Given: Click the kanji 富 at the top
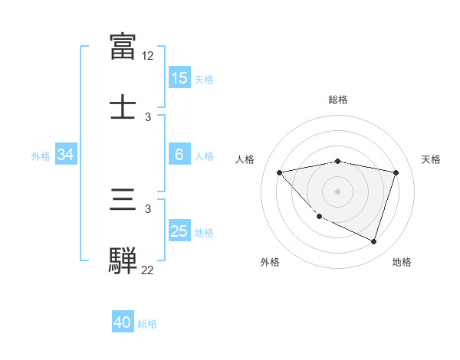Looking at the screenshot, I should point(123,47).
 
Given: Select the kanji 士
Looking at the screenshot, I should point(123,106).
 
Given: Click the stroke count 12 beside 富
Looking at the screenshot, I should point(148,56).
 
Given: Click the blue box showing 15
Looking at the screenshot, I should point(179,78).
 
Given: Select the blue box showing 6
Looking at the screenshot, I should point(179,155).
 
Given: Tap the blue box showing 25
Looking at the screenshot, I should point(179,231).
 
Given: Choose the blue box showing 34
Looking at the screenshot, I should point(66,155).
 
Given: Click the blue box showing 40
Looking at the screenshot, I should point(123,323).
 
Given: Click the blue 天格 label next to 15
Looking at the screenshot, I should point(204,79).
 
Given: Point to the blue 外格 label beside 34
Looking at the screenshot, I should point(41,155).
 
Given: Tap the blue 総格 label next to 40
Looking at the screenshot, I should point(147,324).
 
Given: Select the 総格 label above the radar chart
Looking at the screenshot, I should point(338,100).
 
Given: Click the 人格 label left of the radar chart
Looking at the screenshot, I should point(245,159).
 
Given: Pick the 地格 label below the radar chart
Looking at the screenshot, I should point(402,263).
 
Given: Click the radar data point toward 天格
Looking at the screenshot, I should point(396,172).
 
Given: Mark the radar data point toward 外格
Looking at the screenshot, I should point(320,216).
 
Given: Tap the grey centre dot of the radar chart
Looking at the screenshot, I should point(338,191).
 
